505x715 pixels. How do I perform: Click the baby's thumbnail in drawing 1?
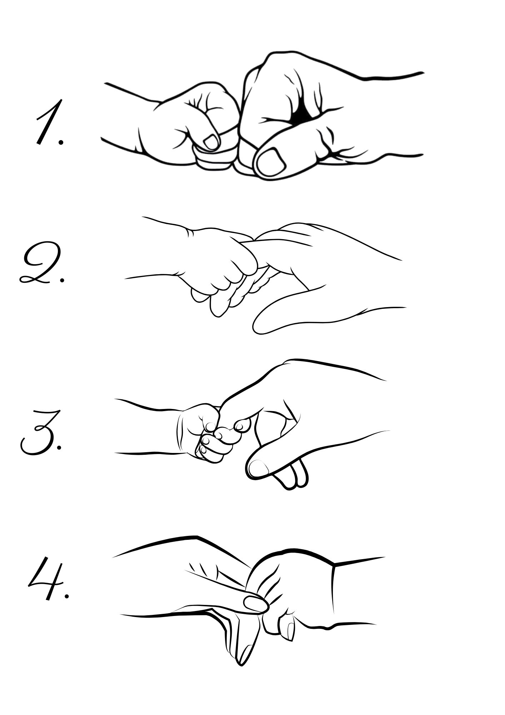tap(211, 142)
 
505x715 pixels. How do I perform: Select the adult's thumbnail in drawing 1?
tap(272, 161)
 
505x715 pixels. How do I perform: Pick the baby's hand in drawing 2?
tap(218, 265)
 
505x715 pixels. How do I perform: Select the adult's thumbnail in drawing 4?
tap(256, 603)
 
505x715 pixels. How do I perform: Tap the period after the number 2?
tap(62, 280)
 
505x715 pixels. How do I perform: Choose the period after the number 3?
tap(59, 447)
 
